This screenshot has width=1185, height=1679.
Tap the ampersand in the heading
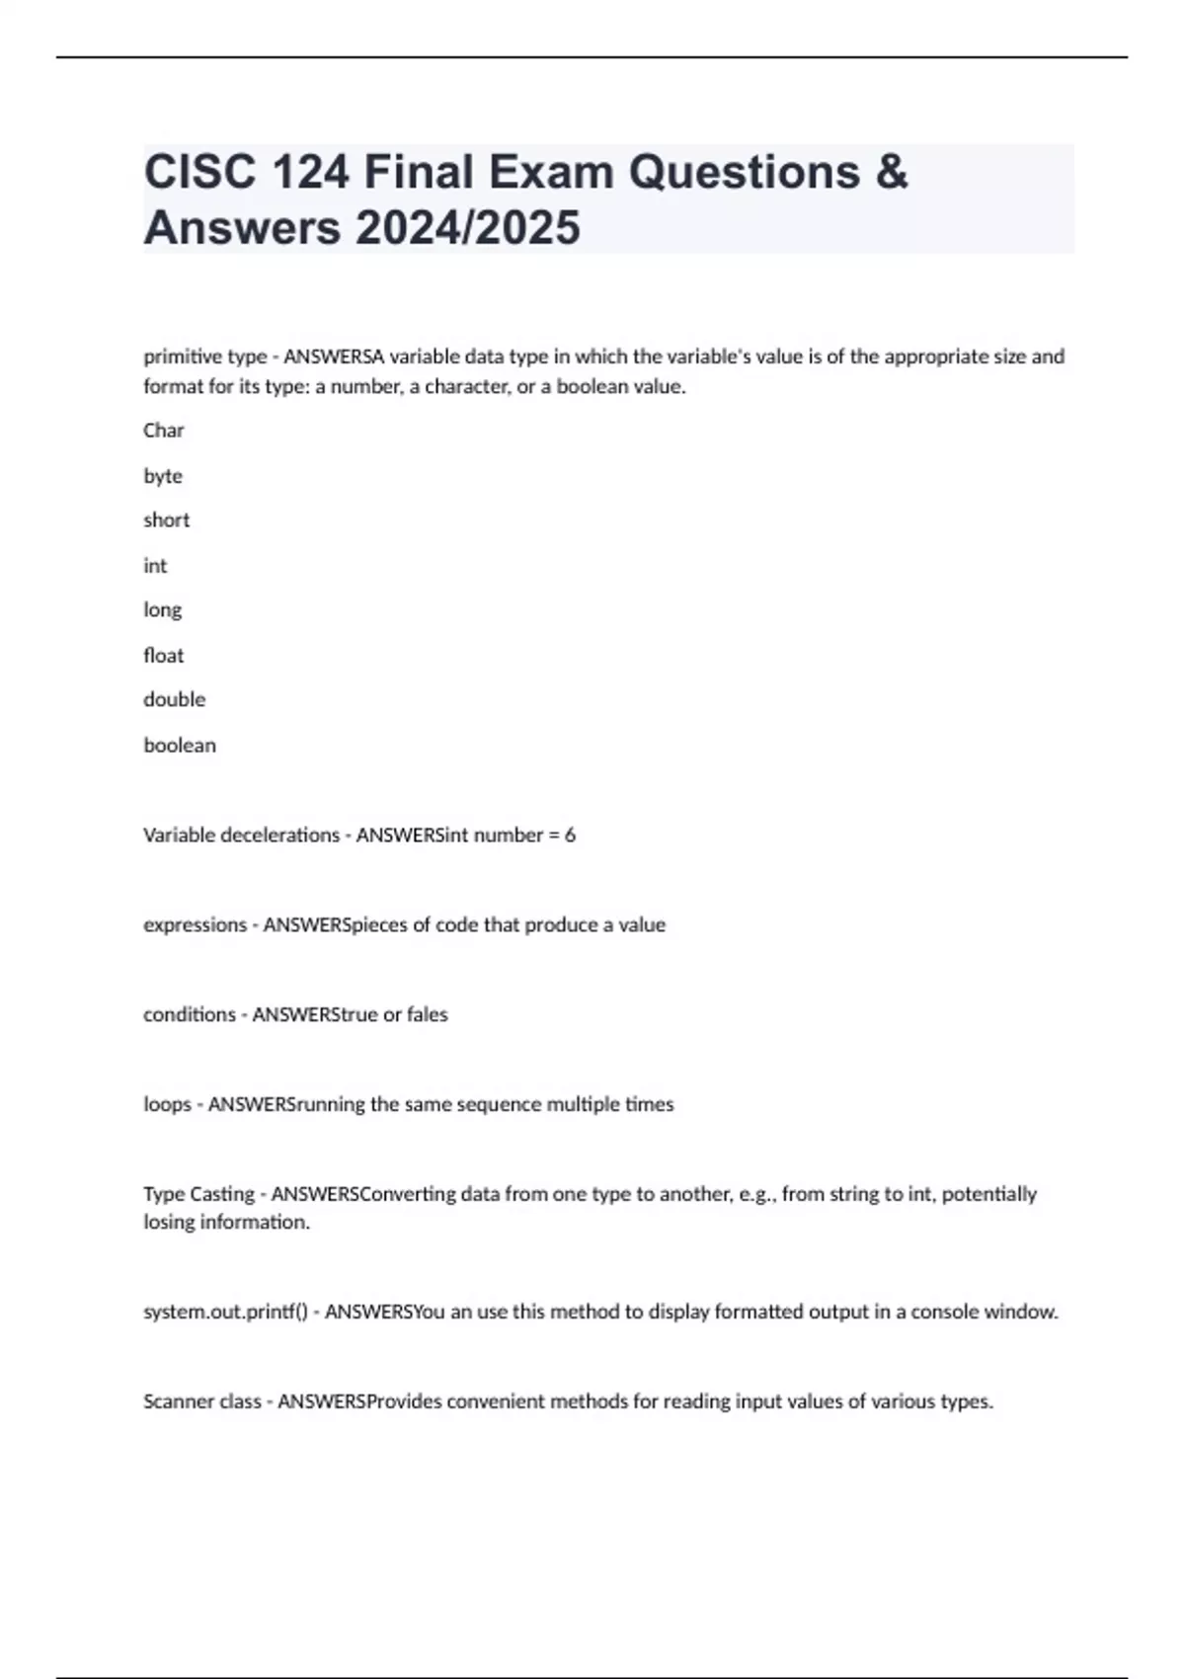coord(891,172)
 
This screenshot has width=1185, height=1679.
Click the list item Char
coord(164,431)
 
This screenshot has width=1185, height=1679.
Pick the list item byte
coord(163,476)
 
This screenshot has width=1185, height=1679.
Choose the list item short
coord(166,520)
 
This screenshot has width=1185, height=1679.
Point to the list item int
coord(155,566)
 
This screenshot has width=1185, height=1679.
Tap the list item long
coord(162,610)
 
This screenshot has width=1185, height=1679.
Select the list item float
coord(163,656)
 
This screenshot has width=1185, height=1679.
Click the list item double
coord(175,699)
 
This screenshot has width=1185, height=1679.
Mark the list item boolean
coord(180,746)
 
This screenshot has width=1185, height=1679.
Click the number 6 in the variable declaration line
coord(570,836)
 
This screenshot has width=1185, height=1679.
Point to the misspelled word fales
coord(427,1015)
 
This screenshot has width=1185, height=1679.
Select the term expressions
coord(195,925)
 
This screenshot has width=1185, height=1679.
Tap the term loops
coord(167,1104)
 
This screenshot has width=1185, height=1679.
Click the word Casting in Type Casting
coord(221,1194)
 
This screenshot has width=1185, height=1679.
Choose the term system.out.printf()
coord(225,1313)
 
